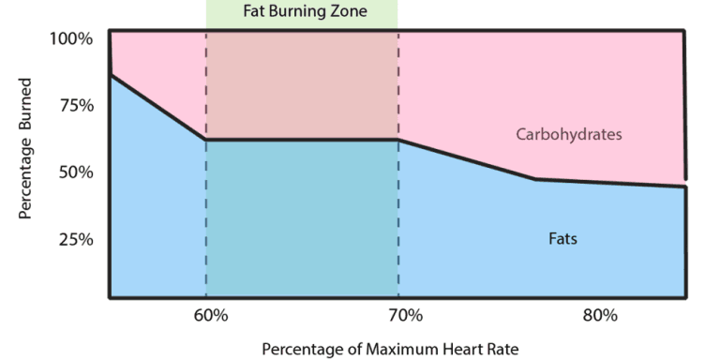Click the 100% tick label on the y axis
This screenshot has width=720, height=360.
[x=72, y=38]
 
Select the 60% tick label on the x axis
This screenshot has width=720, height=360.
[x=211, y=314]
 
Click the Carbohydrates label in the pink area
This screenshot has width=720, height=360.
[x=569, y=134]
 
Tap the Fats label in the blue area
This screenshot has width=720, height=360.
[x=562, y=238]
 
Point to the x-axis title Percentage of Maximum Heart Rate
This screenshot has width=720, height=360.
[x=389, y=349]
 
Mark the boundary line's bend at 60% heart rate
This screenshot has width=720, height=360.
[x=205, y=140]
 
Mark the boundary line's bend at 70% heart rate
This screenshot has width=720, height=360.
[x=398, y=140]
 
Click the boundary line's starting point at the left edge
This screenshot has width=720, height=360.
[x=111, y=75]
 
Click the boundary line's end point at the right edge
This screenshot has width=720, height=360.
[x=685, y=187]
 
